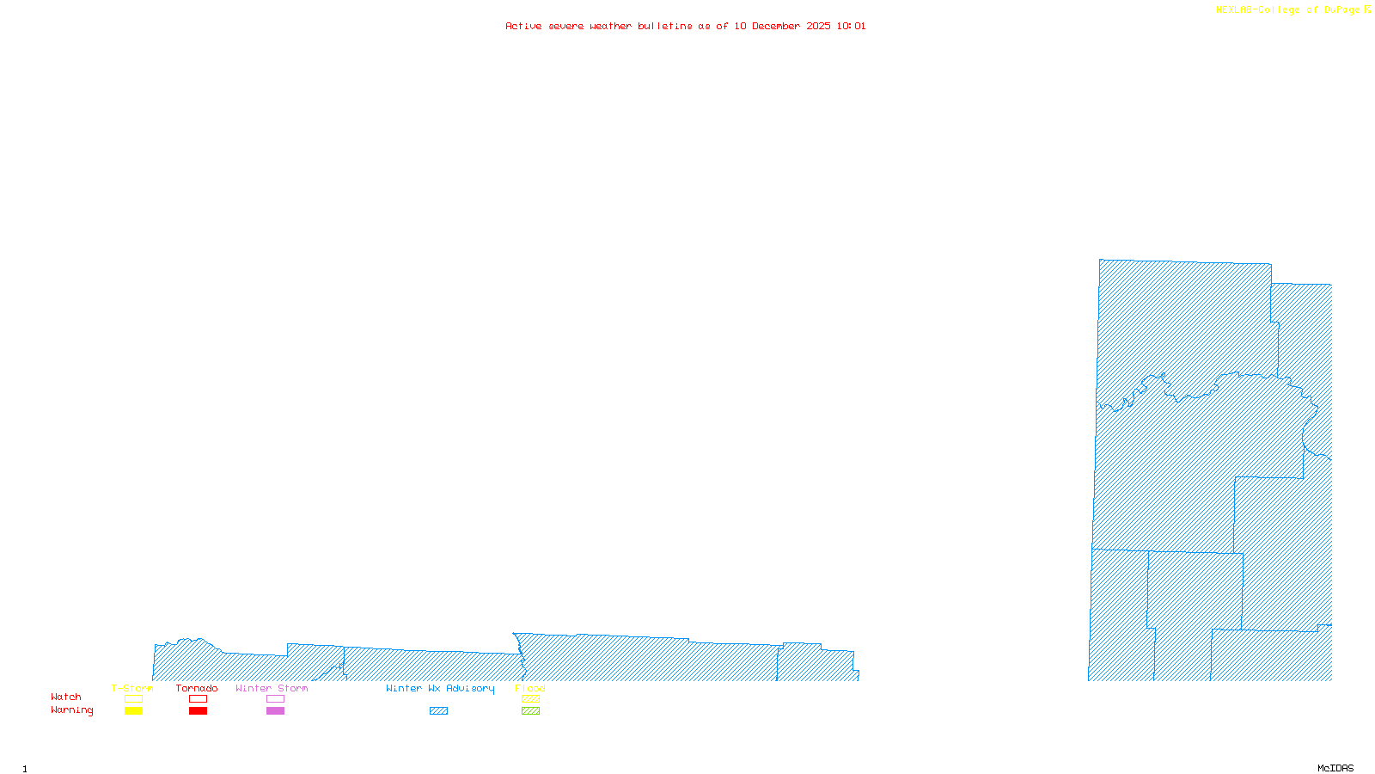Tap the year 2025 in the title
coord(818,26)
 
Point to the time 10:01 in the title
coord(851,26)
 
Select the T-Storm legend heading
coord(132,688)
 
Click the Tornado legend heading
coord(197,688)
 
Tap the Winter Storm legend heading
coord(272,688)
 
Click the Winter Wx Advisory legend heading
coord(440,688)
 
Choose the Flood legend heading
coord(530,688)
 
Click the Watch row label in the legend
coord(66,697)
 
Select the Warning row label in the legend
coord(71,710)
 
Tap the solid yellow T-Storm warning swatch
coord(133,711)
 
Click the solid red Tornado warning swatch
coord(198,711)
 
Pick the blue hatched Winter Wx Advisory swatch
coord(438,711)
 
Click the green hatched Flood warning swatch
coord(530,711)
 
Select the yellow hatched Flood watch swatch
coord(530,699)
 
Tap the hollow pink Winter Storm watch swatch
coord(275,699)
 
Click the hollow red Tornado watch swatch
coord(198,699)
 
